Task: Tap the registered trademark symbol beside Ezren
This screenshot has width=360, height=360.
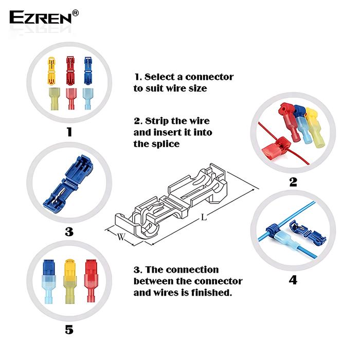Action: click(x=75, y=13)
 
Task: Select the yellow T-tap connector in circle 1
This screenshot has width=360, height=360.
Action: click(x=51, y=71)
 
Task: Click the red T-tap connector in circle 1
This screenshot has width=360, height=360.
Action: click(x=70, y=71)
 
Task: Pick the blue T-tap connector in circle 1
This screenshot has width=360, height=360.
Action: click(x=88, y=70)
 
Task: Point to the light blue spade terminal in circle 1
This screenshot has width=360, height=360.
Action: click(x=88, y=99)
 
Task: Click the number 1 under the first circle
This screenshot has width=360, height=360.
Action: click(x=69, y=132)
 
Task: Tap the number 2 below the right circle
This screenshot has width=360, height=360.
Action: click(x=293, y=182)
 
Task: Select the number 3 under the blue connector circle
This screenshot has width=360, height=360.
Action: click(x=69, y=231)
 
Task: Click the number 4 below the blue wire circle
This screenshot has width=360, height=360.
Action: click(x=293, y=280)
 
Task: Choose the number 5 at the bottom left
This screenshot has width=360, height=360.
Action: click(x=69, y=330)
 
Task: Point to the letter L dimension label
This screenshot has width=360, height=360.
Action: click(x=204, y=217)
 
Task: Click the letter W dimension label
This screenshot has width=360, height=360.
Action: click(x=121, y=237)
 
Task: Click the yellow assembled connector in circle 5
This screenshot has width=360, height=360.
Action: click(x=70, y=281)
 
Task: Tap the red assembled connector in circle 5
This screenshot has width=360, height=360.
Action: click(x=91, y=281)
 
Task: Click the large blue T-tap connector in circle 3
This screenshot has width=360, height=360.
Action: click(x=68, y=183)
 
